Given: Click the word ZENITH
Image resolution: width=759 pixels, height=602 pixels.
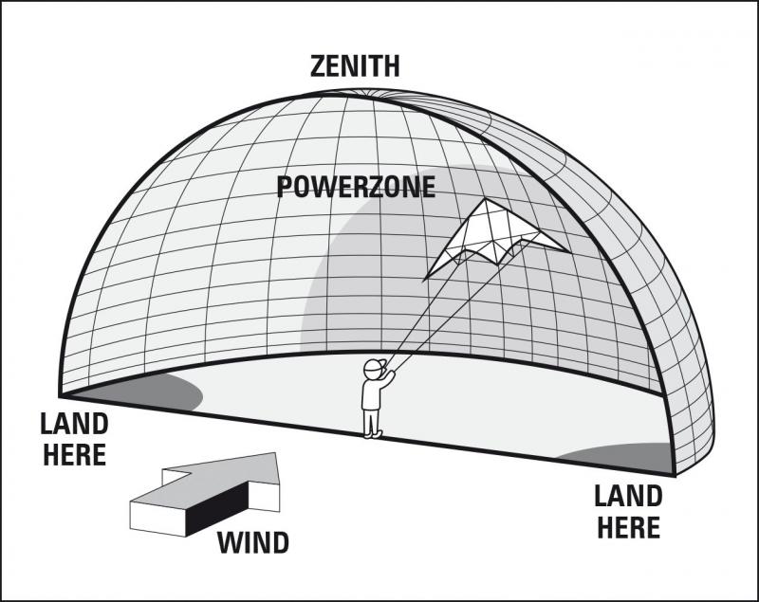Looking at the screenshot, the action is (x=355, y=66).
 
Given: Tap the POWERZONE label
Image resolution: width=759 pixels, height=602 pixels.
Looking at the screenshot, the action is (x=356, y=187).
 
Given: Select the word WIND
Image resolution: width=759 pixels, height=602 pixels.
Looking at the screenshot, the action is (x=253, y=542).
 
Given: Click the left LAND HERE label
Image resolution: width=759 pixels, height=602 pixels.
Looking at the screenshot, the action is (x=75, y=440).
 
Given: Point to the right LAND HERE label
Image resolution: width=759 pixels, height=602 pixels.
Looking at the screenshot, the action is (x=628, y=512).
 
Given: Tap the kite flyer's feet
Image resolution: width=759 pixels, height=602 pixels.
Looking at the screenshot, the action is (x=372, y=435).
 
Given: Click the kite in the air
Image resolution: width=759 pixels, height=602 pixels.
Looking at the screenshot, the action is (x=494, y=238).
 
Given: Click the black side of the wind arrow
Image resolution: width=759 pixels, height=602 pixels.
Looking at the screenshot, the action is (x=217, y=509).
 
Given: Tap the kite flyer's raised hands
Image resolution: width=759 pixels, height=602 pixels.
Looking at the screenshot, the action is (x=389, y=373).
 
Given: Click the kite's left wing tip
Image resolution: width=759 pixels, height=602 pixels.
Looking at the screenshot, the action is (x=423, y=281).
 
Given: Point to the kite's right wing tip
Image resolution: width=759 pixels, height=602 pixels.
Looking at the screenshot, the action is (x=568, y=251).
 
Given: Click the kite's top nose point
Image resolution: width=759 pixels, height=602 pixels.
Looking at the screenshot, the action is (x=486, y=198).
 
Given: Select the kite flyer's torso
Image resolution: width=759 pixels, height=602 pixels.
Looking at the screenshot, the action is (x=371, y=393).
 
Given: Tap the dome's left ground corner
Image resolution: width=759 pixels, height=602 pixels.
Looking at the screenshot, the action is (x=60, y=396).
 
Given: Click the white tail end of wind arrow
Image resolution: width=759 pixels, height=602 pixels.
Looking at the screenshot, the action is (x=157, y=519).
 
